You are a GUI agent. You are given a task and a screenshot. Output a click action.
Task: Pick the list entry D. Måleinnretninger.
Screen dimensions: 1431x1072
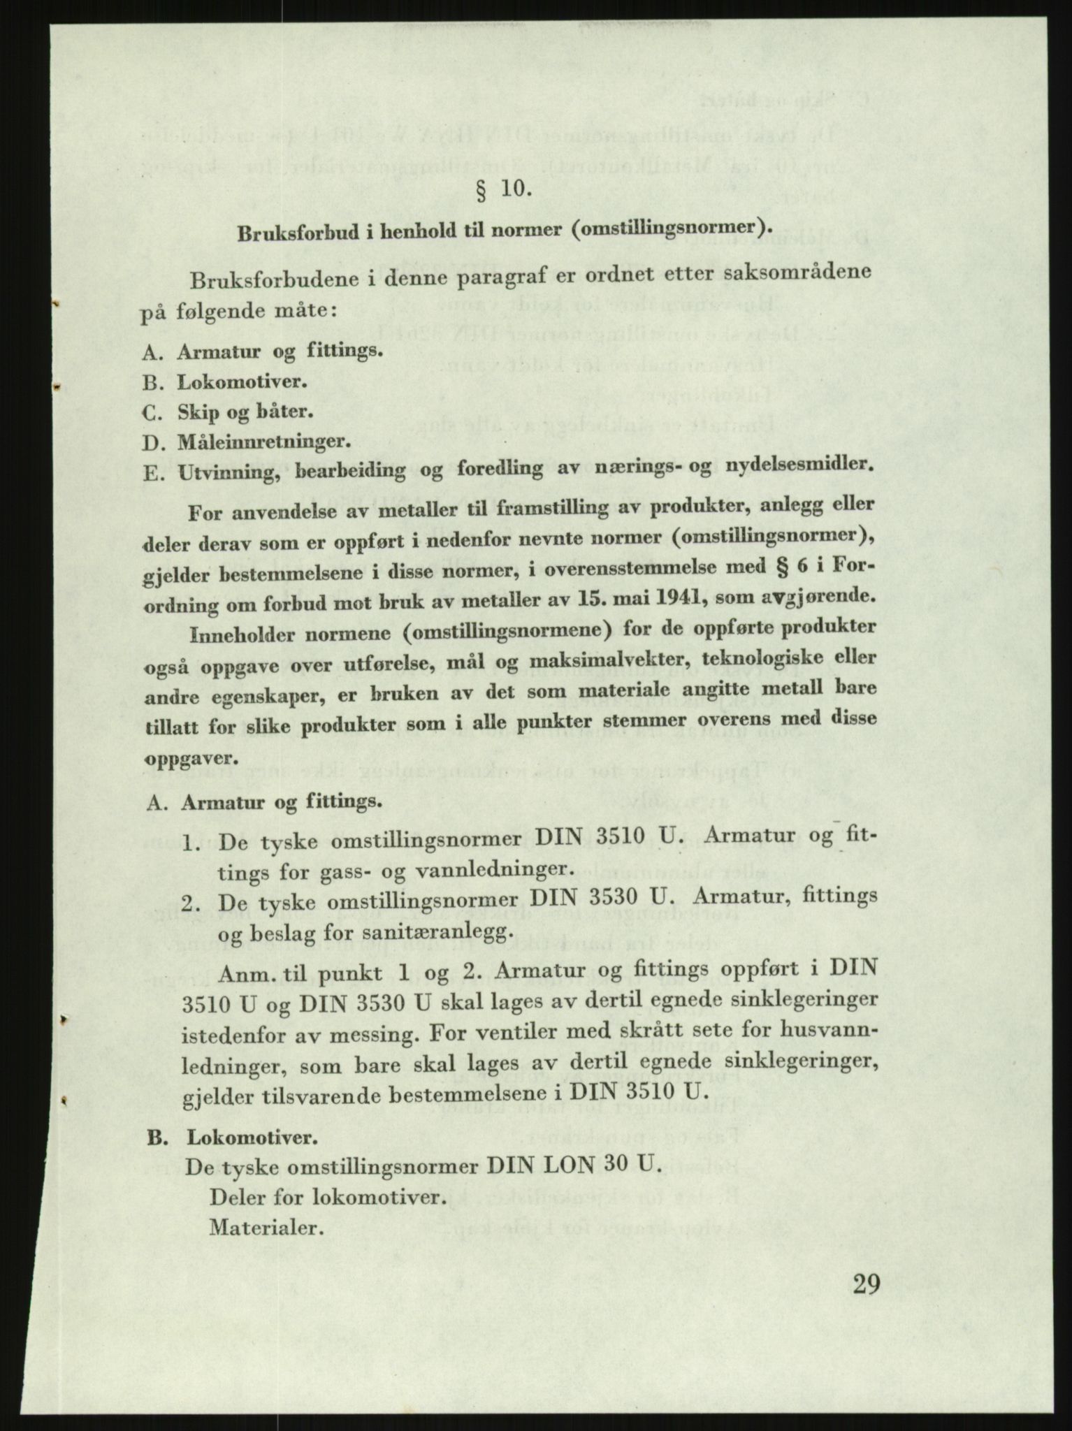246,442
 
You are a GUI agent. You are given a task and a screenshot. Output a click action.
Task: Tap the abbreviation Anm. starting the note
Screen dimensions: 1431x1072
245,971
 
